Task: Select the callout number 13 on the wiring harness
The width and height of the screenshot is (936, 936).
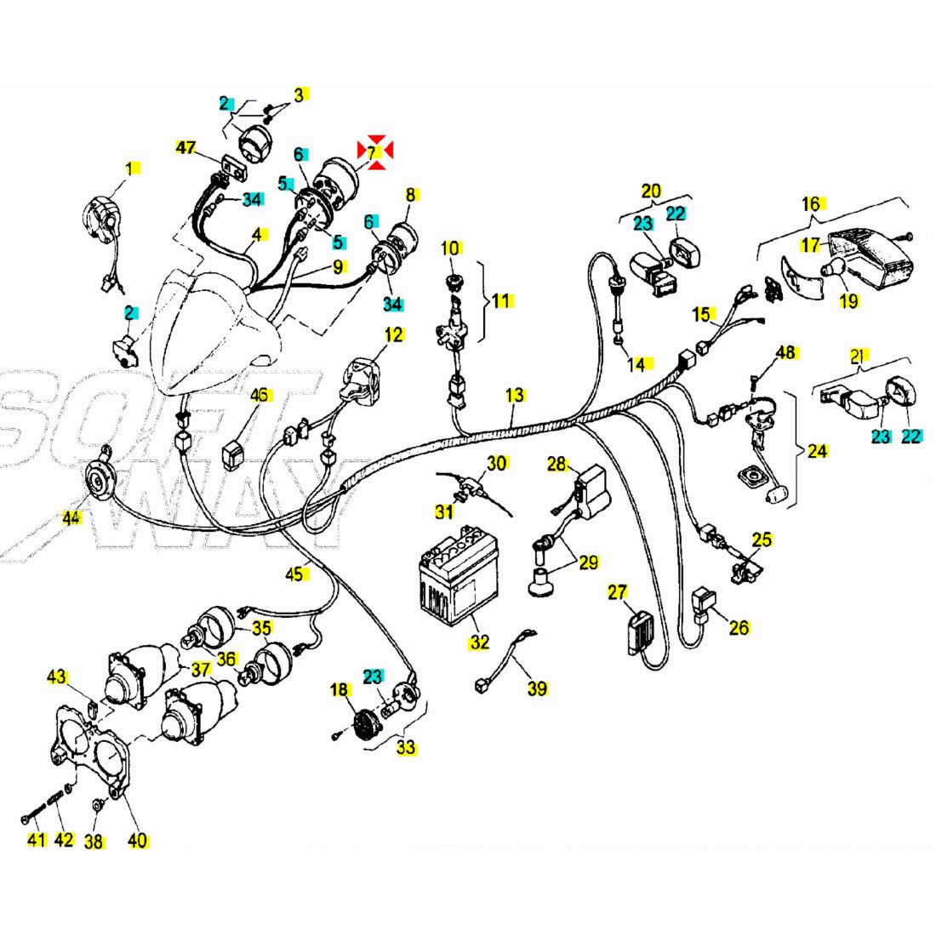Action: [515, 395]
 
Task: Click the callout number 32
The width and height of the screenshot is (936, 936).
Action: [479, 642]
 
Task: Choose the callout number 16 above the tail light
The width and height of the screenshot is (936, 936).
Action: [811, 204]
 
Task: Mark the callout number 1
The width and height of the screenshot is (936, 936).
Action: [130, 169]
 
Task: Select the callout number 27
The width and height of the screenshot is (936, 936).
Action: [617, 591]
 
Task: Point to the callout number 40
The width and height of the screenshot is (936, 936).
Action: [137, 841]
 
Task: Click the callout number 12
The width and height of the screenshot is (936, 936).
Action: [393, 334]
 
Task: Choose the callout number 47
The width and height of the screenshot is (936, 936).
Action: [186, 148]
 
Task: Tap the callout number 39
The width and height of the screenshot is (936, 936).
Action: [536, 688]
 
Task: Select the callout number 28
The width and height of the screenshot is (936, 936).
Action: [556, 464]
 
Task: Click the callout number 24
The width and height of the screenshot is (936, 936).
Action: [817, 450]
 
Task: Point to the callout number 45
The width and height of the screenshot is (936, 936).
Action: [294, 574]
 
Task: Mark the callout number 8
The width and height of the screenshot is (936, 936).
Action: [410, 195]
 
